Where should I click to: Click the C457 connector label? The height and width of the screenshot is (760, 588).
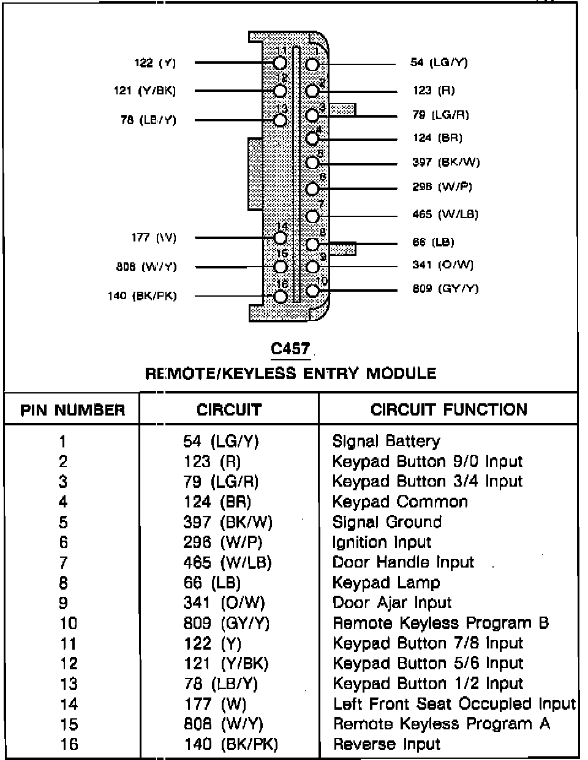pyautogui.click(x=290, y=349)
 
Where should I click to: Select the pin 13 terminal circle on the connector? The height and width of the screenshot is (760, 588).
pyautogui.click(x=281, y=120)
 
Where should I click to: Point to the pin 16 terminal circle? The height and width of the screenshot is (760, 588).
pyautogui.click(x=281, y=296)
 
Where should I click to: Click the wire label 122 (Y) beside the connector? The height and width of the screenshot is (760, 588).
pyautogui.click(x=155, y=63)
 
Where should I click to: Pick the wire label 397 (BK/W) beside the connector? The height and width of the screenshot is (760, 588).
pyautogui.click(x=446, y=162)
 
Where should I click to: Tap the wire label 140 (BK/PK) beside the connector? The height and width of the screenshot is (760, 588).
pyautogui.click(x=142, y=296)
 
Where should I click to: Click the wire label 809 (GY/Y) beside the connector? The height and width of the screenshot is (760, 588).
pyautogui.click(x=445, y=289)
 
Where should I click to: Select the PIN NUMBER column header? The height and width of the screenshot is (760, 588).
pyautogui.click(x=72, y=410)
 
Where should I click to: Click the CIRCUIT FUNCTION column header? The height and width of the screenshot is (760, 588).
pyautogui.click(x=448, y=410)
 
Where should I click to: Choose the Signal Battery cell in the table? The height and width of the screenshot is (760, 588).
pyautogui.click(x=386, y=441)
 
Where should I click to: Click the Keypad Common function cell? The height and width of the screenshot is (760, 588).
pyautogui.click(x=399, y=502)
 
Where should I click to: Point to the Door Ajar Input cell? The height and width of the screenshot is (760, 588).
pyautogui.click(x=391, y=603)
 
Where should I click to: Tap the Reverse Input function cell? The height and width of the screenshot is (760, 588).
pyautogui.click(x=386, y=745)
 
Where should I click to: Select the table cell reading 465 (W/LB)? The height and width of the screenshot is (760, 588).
pyautogui.click(x=227, y=563)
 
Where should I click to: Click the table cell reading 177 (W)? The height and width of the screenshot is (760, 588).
pyautogui.click(x=215, y=704)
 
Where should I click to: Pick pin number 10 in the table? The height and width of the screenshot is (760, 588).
pyautogui.click(x=68, y=623)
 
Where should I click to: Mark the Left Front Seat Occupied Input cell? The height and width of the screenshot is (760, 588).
pyautogui.click(x=454, y=704)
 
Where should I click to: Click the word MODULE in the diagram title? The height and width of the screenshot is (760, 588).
pyautogui.click(x=401, y=373)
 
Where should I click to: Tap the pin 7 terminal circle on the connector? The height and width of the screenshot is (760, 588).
pyautogui.click(x=312, y=216)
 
